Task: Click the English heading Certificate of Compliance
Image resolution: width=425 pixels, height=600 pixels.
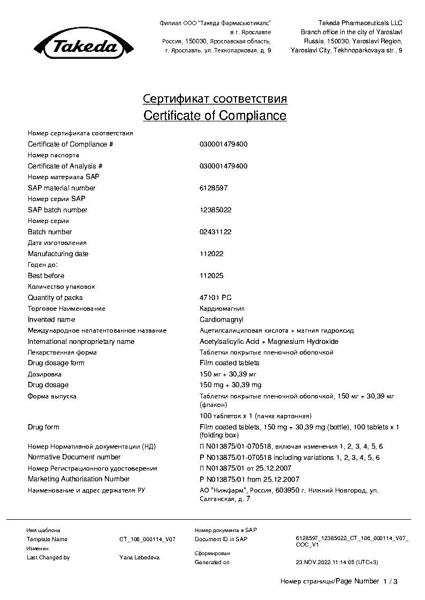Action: click(215, 116)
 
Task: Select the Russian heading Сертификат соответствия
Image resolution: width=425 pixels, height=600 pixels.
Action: click(215, 99)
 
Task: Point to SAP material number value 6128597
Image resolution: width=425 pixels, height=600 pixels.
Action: click(213, 188)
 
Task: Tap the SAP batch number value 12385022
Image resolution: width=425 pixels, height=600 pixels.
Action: click(215, 210)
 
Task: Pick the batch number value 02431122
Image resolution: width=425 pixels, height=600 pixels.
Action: click(215, 232)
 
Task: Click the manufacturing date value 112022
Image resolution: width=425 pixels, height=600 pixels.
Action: click(211, 254)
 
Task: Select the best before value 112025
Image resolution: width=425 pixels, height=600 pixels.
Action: click(211, 276)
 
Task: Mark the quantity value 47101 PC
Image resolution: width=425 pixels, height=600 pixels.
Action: click(216, 298)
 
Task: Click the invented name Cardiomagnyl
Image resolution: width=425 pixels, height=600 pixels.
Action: click(221, 319)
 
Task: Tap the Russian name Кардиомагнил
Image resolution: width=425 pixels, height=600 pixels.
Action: click(222, 309)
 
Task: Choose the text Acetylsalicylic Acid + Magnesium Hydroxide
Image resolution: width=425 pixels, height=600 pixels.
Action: click(269, 342)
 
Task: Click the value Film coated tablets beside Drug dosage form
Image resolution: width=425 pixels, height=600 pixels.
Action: click(229, 363)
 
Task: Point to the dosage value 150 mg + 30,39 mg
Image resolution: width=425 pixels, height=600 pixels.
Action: click(230, 385)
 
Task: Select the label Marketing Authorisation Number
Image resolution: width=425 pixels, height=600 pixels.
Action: click(79, 479)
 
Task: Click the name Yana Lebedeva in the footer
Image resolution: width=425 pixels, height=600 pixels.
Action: click(139, 557)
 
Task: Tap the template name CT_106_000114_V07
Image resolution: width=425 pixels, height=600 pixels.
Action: click(147, 540)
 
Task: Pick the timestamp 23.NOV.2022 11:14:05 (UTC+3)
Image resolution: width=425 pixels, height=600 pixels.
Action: click(337, 562)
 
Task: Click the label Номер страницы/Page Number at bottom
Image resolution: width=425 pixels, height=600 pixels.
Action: click(329, 581)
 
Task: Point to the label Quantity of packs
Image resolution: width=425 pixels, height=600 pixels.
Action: click(55, 298)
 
